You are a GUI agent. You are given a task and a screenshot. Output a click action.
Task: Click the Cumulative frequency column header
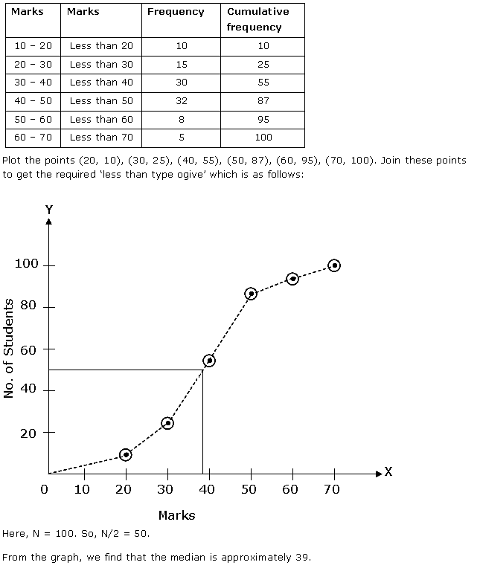pos(257,19)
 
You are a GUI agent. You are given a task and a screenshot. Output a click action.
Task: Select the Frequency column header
pos(176,12)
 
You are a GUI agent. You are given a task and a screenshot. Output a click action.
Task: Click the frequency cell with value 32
pos(182,100)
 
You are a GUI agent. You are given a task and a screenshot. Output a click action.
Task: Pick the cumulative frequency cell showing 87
pos(263,100)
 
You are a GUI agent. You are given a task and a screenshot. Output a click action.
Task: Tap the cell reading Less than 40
pos(101,82)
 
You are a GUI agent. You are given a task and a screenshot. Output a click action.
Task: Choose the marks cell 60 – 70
pos(33,137)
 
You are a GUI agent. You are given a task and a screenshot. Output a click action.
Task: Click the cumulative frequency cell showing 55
pos(263,82)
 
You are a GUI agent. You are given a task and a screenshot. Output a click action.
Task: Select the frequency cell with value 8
pos(182,119)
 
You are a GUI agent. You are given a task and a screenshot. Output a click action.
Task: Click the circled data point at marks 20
pos(126,454)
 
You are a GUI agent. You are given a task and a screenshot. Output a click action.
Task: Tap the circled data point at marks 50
pos(251,294)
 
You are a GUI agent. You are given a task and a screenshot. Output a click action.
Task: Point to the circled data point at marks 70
pos(334,265)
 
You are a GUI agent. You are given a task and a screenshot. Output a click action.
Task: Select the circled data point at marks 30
pos(167,423)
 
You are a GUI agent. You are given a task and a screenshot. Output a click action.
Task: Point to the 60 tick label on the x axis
pos(291,489)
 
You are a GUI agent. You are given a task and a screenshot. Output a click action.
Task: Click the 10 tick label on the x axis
pos(82,489)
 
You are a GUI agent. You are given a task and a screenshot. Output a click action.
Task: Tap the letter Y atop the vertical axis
pos(48,210)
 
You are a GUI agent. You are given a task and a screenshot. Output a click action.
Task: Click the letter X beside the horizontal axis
pos(388,472)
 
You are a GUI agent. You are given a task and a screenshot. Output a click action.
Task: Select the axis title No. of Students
pos(9,349)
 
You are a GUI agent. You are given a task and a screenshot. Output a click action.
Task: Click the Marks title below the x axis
pos(177,514)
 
